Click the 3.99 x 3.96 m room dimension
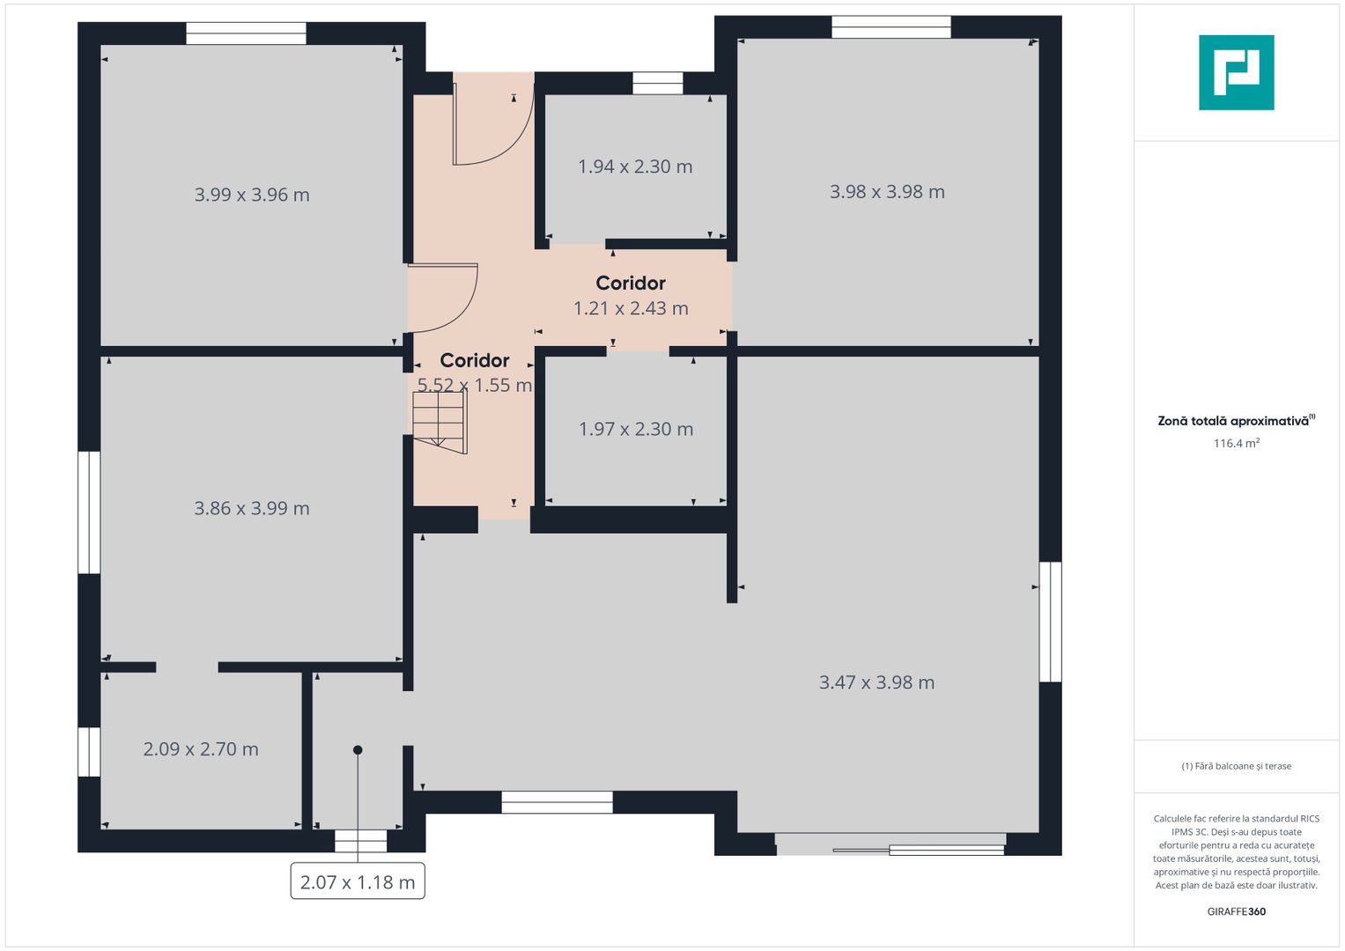point(252,195)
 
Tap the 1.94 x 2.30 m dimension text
point(635,166)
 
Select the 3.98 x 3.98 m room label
point(887,192)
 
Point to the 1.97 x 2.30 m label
point(635,429)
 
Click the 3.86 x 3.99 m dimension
point(252,509)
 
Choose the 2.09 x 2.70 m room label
point(201,748)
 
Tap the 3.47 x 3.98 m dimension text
point(876,682)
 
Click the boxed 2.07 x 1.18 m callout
point(358,881)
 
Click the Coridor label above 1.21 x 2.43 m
point(631,283)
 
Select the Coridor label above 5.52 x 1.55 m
point(475,360)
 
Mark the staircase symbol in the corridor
point(440,422)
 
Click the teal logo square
point(1237,72)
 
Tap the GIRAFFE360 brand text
point(1237,911)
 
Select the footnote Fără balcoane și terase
point(1237,766)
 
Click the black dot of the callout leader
point(358,750)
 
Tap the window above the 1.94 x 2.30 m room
point(657,84)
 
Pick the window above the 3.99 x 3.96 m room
point(246,33)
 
